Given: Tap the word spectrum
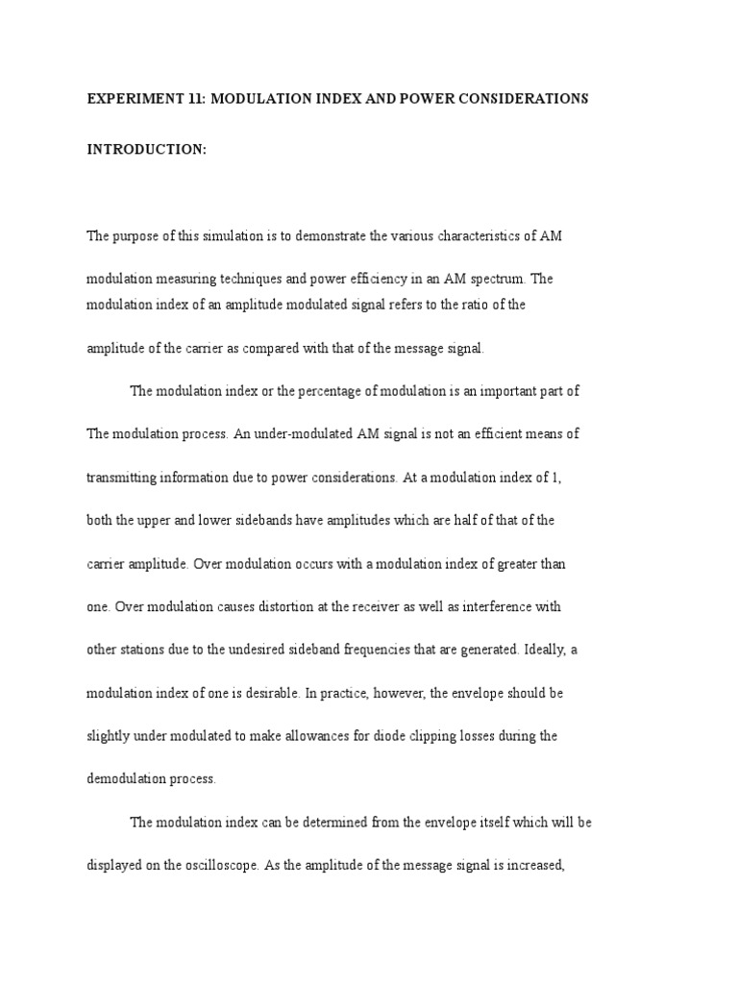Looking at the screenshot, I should (494, 279).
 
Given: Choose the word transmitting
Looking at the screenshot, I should (124, 477).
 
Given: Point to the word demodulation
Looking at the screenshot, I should (128, 779).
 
